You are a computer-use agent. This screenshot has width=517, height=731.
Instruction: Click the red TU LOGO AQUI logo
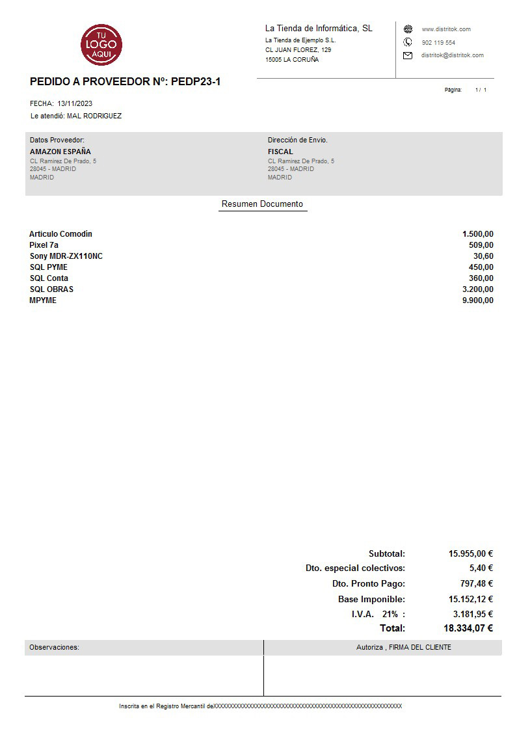[101, 44]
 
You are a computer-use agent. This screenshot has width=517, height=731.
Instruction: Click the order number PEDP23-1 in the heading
[195, 82]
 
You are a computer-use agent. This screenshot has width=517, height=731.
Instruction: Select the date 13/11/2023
[75, 103]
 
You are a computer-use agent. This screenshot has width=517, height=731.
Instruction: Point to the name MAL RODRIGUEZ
[94, 116]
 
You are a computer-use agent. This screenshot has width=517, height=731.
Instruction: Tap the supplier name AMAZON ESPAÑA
[60, 152]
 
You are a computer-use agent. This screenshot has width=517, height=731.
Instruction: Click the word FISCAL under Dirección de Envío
[280, 152]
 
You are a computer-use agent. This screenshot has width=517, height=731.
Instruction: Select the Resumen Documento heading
[262, 204]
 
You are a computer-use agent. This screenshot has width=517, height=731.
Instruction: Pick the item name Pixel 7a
[44, 245]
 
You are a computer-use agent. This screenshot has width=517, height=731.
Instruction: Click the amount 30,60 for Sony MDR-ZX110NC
[483, 256]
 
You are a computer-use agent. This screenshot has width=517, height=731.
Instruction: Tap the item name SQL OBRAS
[51, 289]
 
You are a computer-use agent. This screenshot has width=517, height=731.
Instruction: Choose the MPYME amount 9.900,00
[478, 300]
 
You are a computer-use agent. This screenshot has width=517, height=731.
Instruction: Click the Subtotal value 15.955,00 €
[471, 554]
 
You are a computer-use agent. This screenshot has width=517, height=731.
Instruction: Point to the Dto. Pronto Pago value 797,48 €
[476, 584]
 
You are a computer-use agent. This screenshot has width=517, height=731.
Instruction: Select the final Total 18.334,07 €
[468, 628]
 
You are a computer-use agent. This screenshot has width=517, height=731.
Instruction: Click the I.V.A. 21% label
[378, 614]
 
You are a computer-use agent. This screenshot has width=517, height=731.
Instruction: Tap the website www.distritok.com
[446, 29]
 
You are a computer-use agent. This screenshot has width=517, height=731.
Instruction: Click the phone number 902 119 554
[438, 42]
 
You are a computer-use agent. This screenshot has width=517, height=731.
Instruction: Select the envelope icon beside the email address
[408, 55]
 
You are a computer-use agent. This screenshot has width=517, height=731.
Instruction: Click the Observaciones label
[54, 648]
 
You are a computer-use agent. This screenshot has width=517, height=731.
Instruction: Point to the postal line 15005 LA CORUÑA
[292, 60]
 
